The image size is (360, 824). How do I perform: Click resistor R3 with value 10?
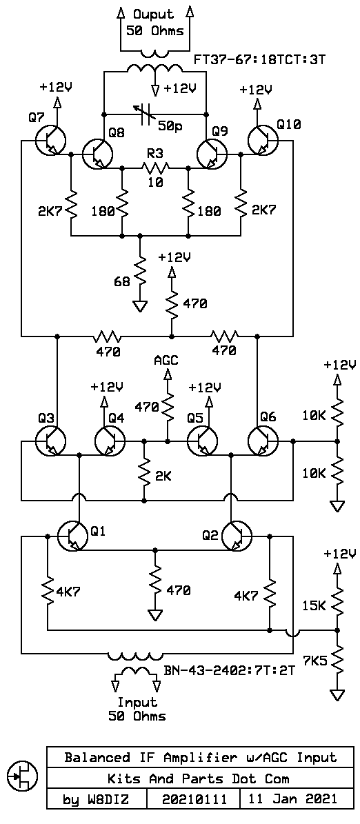pos(156,167)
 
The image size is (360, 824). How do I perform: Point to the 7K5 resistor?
pos(337,661)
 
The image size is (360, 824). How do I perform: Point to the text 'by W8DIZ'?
pos(95,799)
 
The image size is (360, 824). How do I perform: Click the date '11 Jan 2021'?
pos(292,799)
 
